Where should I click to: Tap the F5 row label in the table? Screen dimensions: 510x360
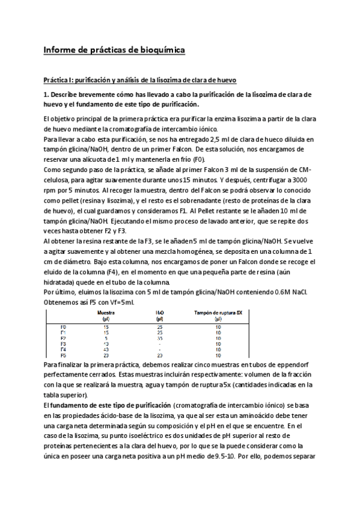(63, 355)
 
